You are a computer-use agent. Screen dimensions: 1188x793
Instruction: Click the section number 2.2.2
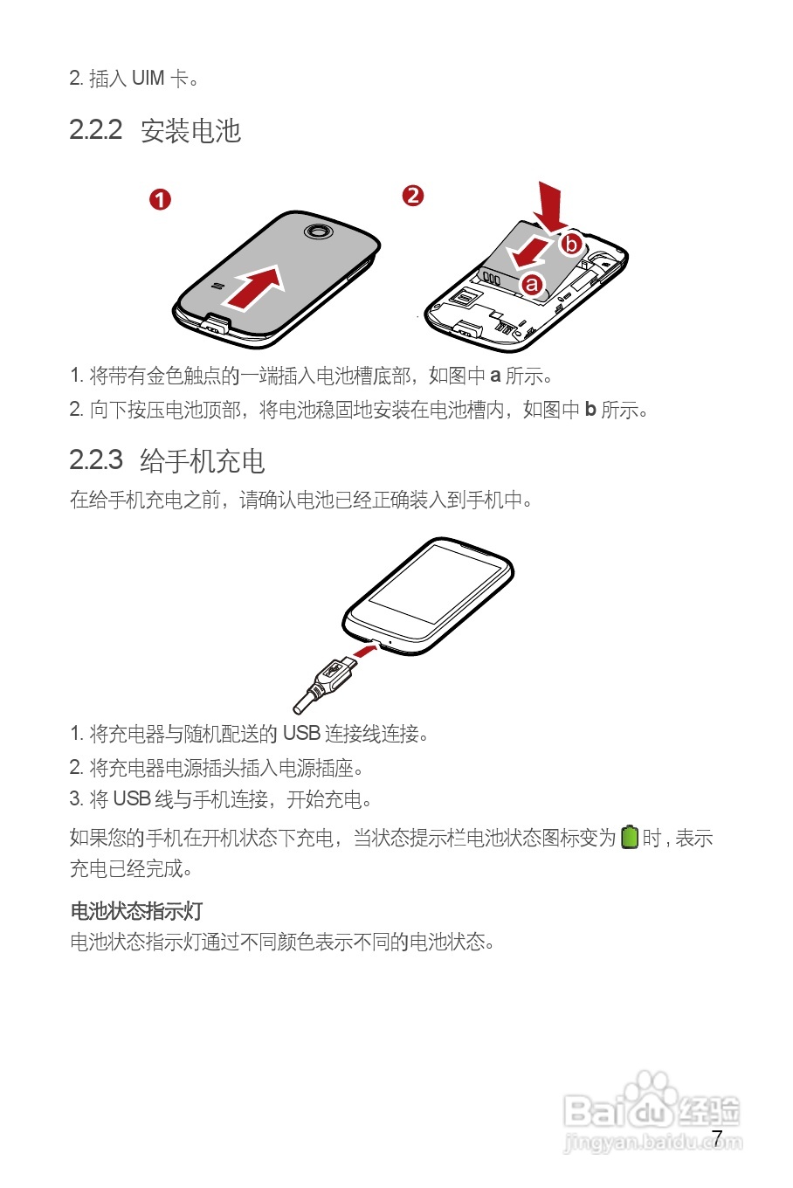95,130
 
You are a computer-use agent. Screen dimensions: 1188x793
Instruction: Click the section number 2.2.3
95,459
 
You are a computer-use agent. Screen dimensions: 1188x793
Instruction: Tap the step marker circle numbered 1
160,199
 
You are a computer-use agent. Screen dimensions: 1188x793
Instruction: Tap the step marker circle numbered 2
412,196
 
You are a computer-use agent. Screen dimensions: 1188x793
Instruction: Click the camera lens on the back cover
316,231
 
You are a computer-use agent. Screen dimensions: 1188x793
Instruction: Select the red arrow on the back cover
254,287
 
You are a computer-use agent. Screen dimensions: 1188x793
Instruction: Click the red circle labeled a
532,284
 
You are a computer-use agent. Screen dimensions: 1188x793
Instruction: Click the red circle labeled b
571,243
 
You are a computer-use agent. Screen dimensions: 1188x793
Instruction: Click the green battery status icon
630,837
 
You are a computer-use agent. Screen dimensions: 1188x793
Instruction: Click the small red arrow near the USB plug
365,652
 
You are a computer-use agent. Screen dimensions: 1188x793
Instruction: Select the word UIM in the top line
148,79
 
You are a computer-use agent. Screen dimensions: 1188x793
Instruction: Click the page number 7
717,1137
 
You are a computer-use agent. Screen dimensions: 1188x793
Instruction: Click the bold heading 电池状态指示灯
136,911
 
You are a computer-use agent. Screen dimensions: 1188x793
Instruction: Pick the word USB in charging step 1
300,733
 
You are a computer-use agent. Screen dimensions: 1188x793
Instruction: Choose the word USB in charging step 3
131,799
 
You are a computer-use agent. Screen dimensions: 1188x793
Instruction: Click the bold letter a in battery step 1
495,376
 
